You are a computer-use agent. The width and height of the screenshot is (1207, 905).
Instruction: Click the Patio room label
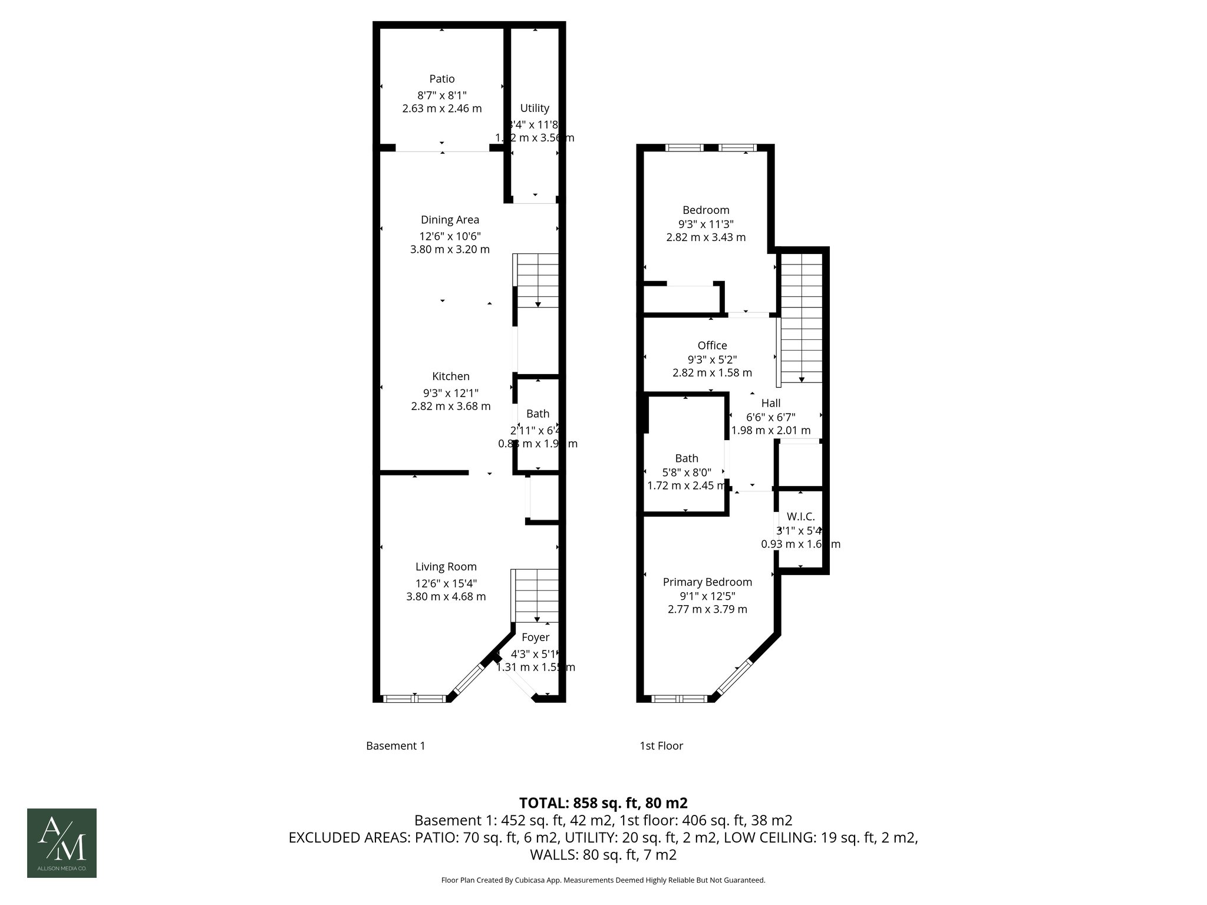coord(441,79)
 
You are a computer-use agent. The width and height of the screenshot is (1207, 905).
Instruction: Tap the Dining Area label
coord(450,220)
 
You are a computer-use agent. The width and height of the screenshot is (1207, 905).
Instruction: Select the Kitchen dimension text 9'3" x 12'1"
coord(450,392)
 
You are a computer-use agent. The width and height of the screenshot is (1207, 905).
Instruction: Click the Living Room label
coord(446,567)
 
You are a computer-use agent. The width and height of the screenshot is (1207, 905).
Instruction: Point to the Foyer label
coord(535,637)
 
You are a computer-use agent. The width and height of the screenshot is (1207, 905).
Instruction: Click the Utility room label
coord(535,108)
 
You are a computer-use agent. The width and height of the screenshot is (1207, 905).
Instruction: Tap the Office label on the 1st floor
coord(712,346)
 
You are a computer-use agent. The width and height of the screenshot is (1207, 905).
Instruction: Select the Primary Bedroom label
coord(707,582)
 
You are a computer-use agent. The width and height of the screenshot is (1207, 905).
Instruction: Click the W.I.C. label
coord(800,517)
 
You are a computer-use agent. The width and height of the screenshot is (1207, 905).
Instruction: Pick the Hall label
coord(770,403)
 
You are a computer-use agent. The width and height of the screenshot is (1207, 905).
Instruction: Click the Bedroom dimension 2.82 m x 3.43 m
coord(705,237)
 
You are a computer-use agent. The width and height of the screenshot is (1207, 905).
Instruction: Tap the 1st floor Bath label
coord(687,458)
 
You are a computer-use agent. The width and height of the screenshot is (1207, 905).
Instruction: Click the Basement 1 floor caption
coord(395,746)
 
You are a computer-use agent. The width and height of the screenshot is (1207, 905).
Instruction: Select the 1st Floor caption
coord(661,746)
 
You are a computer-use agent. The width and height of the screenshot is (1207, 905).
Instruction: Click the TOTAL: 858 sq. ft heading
coord(603,803)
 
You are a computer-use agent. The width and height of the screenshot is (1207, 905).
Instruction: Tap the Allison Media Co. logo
coord(62,843)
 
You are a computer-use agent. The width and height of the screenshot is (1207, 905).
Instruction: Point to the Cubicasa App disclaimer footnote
coord(603,880)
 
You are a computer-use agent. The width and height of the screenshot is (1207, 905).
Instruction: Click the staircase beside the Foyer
coord(536,595)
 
